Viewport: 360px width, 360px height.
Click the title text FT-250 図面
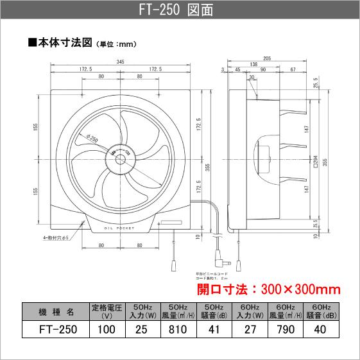(x=180, y=11)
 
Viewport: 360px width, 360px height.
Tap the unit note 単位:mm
(x=117, y=45)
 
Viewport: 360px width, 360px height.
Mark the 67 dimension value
(x=293, y=69)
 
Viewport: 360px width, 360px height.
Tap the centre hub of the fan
(x=120, y=155)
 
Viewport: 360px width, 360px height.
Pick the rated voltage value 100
(x=108, y=330)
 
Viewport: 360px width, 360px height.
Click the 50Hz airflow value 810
(x=178, y=330)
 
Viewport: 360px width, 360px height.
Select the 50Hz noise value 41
(x=214, y=330)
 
